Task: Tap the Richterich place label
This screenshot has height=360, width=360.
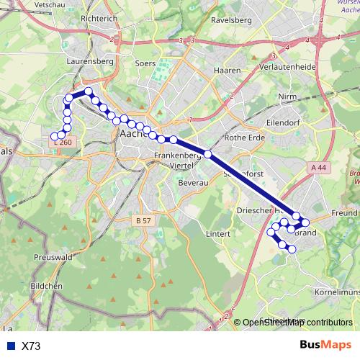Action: [x=99, y=19]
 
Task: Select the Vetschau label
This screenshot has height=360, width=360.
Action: [x=39, y=4]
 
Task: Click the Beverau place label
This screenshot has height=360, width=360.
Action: [x=193, y=184]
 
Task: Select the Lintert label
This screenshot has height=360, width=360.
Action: [x=217, y=234]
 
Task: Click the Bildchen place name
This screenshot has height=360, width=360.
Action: [x=48, y=286]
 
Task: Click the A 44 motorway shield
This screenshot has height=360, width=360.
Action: [x=319, y=167]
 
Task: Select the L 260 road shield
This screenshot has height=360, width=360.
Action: [x=63, y=143]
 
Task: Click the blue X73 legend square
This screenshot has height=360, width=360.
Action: [x=10, y=346]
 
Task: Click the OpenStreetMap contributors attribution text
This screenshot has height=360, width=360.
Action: [x=297, y=323]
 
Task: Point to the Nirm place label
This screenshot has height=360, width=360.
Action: [x=288, y=96]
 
